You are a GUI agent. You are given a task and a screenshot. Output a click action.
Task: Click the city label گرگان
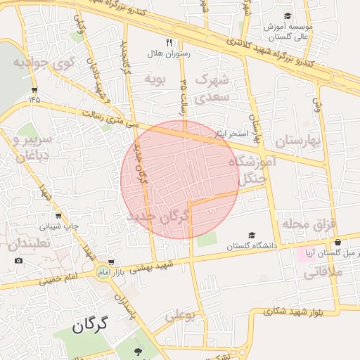point(92,324)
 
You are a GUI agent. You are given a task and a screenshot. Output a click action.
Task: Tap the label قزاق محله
point(310,224)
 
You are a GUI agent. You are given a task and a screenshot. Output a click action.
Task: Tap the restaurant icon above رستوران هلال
point(168,43)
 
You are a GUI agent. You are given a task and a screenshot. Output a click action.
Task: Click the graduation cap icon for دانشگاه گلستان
point(252,236)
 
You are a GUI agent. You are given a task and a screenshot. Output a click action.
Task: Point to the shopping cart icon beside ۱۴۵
point(34,89)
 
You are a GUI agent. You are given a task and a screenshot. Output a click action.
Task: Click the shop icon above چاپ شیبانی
point(58,216)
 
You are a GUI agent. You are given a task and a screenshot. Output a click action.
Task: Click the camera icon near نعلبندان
point(18,261)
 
